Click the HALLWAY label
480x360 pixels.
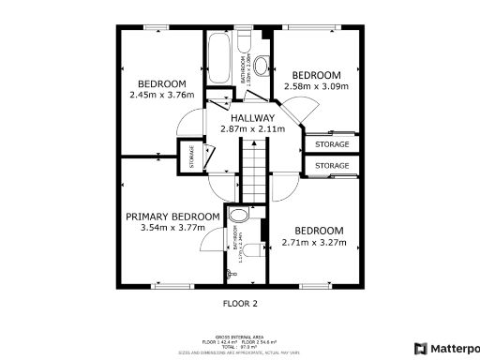(x=251, y=117)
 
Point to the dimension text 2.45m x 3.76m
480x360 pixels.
(x=161, y=94)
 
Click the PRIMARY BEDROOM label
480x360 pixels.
(x=173, y=216)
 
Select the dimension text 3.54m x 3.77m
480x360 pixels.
(x=173, y=228)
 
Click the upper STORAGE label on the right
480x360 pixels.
(x=332, y=144)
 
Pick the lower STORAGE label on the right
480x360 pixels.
(x=332, y=166)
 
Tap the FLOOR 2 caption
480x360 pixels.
(x=239, y=303)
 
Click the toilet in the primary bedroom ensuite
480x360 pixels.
(x=249, y=250)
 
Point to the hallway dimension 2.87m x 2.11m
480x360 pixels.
(x=251, y=129)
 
